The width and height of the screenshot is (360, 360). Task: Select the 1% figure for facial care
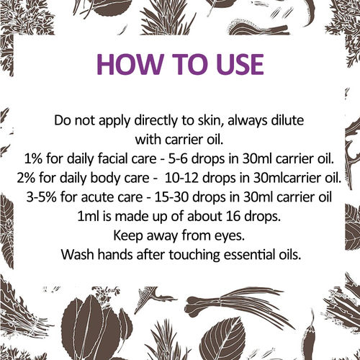click(33, 159)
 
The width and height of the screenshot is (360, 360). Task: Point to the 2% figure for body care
click(26, 178)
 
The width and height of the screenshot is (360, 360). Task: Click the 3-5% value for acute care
click(41, 197)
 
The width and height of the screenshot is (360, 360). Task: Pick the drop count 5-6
click(177, 159)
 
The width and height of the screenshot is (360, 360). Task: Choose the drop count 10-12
click(182, 178)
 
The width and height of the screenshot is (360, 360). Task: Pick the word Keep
click(128, 236)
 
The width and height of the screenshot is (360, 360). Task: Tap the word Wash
click(77, 255)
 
